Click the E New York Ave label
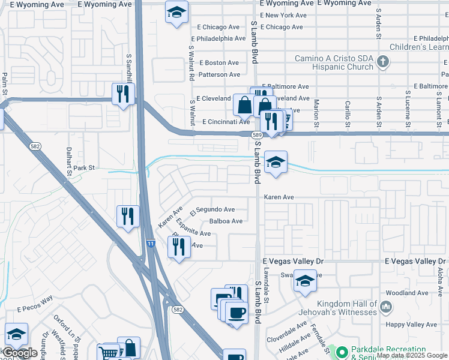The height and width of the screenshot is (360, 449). pos(285,15)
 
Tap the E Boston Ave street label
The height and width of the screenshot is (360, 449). pos(219,62)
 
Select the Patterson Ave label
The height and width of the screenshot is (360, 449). pos(219,74)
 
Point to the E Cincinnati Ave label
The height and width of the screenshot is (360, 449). pos(226,122)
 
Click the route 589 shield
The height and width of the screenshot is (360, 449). pos(256,135)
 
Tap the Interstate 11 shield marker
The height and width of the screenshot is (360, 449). pos(149,243)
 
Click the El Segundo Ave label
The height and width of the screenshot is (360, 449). pos(212,210)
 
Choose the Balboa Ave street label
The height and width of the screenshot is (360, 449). pos(226,221)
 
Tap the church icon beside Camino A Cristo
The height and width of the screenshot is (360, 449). pos(384,61)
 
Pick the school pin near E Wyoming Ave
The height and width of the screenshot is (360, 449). pos(176,13)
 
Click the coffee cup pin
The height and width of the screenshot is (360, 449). pos(236,313)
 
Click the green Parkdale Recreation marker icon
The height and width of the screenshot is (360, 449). pos(342,352)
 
